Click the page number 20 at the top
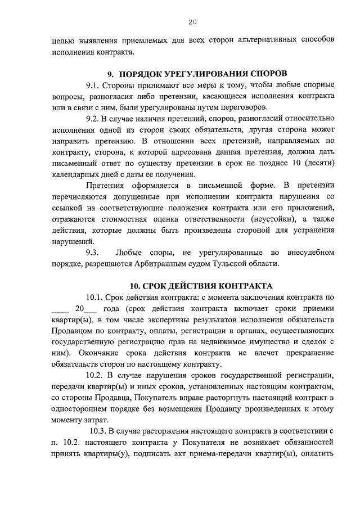click(192, 22)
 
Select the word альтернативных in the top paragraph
click(258, 40)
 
